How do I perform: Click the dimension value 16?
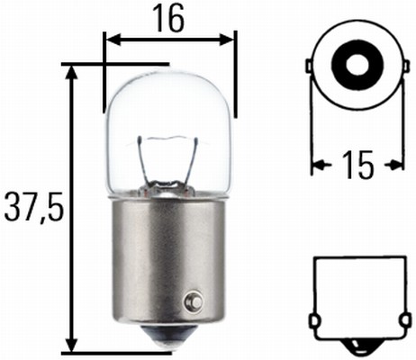[168, 19]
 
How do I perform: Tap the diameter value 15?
[357, 165]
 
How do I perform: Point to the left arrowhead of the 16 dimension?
[111, 39]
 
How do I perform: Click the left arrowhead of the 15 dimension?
[318, 165]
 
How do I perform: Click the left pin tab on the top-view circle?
[311, 67]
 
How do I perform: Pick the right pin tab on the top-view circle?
[401, 67]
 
